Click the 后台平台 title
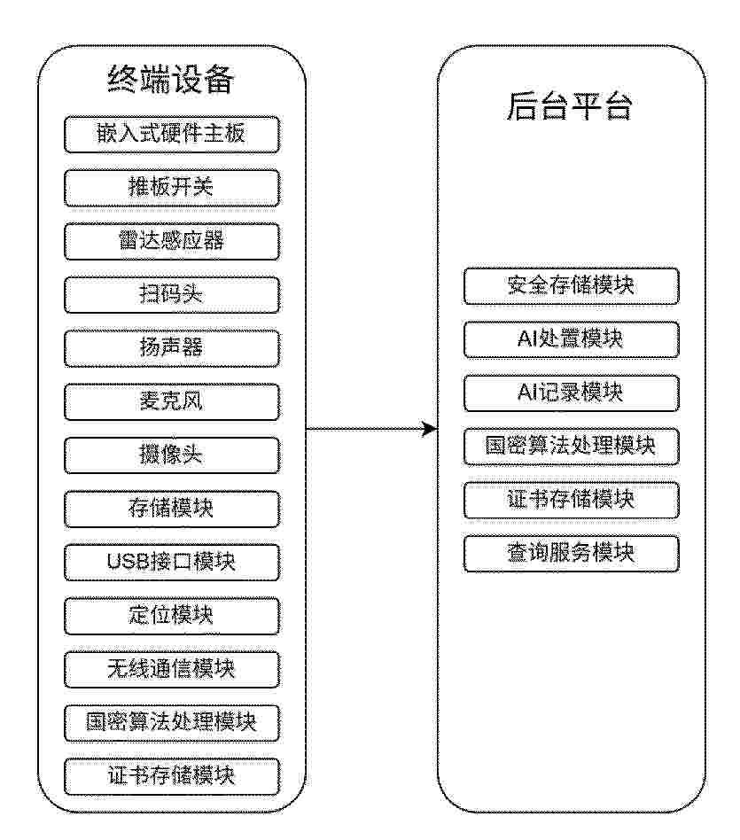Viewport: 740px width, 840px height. coord(570,106)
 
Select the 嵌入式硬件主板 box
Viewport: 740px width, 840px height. coord(171,135)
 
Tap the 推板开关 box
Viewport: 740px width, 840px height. coord(171,188)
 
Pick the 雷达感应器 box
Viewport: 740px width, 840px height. coord(171,242)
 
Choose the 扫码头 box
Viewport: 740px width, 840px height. coord(171,295)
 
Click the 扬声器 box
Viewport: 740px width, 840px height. coord(171,348)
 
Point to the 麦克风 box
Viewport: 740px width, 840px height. coord(171,401)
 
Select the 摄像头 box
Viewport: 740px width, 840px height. coord(171,455)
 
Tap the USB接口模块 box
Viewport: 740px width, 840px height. coord(171,563)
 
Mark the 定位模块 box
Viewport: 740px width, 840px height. coord(171,616)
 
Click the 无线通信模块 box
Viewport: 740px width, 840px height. coord(171,670)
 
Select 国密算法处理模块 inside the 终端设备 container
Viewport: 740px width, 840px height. coord(171,723)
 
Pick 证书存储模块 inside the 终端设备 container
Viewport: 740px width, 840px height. coord(171,776)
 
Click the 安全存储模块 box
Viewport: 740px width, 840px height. coord(572,286)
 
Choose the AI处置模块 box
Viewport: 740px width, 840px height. coord(572,339)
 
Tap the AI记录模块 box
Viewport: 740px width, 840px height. coord(572,393)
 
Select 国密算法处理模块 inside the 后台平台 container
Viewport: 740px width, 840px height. coord(572,447)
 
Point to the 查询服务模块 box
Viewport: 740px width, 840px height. coord(572,554)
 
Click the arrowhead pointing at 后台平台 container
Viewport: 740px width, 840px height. coord(431,429)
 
